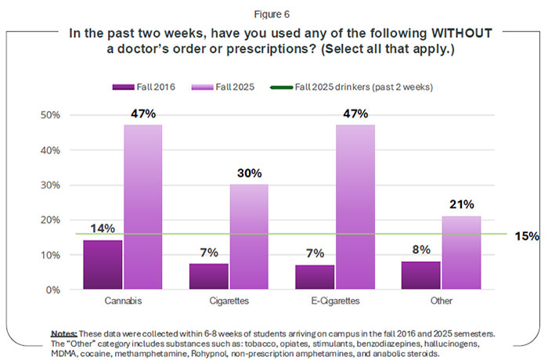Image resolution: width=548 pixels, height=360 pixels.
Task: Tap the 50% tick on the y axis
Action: (x=52, y=115)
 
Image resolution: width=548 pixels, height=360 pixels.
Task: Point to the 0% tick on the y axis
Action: (x=55, y=290)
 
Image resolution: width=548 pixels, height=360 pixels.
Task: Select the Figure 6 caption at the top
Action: (x=275, y=12)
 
